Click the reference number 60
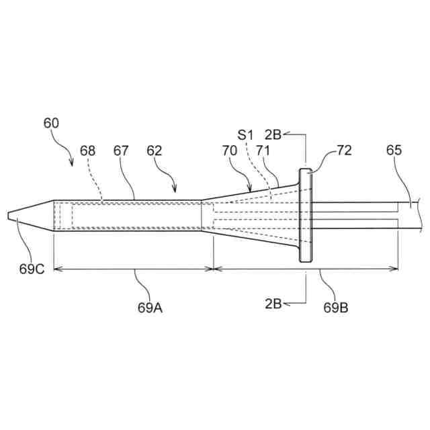point(51,123)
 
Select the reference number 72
point(344,150)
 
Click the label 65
point(394,150)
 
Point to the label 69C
point(32,269)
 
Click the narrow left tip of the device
point(9,216)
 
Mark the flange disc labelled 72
point(307,216)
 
